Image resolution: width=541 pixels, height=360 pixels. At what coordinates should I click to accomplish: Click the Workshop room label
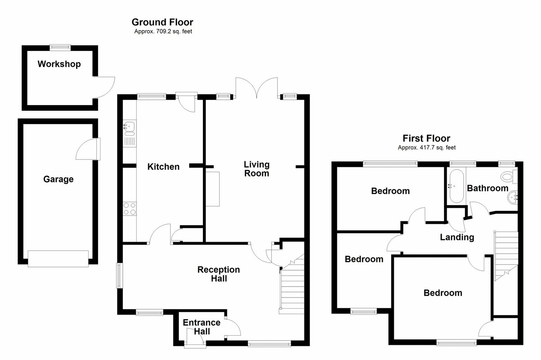pyautogui.click(x=59, y=64)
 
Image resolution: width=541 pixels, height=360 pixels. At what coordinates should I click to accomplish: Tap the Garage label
pyautogui.click(x=58, y=179)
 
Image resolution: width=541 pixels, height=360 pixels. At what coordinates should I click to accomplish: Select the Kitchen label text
pyautogui.click(x=163, y=167)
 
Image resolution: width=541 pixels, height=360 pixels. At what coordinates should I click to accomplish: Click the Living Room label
pyautogui.click(x=257, y=169)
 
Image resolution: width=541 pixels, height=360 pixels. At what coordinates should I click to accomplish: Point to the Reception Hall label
pyautogui.click(x=219, y=274)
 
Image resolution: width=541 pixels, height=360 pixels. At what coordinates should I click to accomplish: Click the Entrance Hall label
pyautogui.click(x=201, y=327)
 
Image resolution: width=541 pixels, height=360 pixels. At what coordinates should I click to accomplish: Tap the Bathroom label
pyautogui.click(x=488, y=188)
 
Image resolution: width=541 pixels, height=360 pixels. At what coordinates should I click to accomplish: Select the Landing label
pyautogui.click(x=457, y=237)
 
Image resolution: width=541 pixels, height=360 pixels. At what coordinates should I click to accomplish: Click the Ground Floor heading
pyautogui.click(x=162, y=22)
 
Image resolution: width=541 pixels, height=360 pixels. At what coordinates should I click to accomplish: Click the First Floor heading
pyautogui.click(x=426, y=138)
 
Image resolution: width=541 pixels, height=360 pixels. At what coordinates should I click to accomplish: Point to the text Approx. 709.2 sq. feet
pyautogui.click(x=163, y=32)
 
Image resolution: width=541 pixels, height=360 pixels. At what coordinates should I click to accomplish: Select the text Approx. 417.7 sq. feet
pyautogui.click(x=427, y=148)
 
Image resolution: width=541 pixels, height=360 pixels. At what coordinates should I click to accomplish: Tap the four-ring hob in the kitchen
pyautogui.click(x=129, y=209)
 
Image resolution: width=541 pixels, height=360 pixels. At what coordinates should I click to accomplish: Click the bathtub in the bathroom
pyautogui.click(x=456, y=187)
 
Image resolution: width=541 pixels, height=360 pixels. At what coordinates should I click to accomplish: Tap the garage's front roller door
pyautogui.click(x=58, y=258)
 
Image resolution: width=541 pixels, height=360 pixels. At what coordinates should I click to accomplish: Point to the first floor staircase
pyautogui.click(x=505, y=253)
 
